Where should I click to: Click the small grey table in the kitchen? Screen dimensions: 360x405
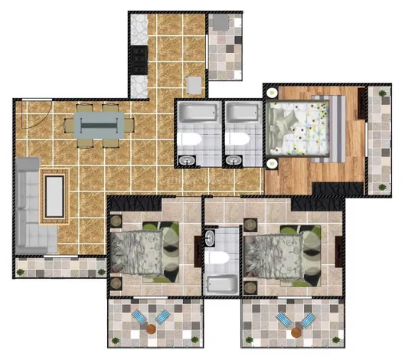tap(194, 83)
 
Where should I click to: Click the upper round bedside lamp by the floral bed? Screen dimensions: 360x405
tap(272, 93)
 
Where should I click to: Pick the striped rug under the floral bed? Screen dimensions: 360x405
tap(335, 128)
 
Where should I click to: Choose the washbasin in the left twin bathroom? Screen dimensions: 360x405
tap(188, 160)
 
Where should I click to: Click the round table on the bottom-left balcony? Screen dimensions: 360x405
tap(152, 330)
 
